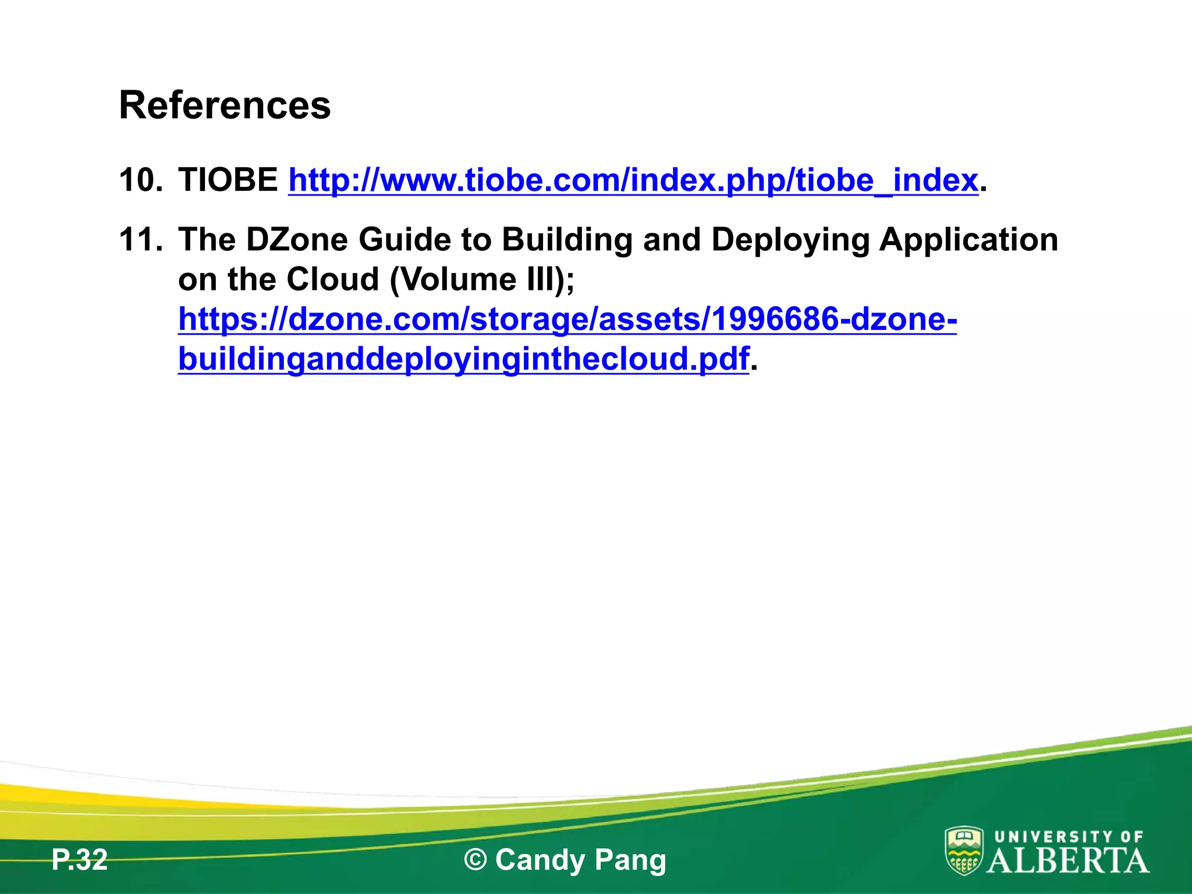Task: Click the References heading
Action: pos(225,105)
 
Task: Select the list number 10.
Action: pos(140,180)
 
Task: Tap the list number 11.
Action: pos(140,240)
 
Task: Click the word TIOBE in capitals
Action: pos(228,180)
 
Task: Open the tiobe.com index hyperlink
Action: pos(633,180)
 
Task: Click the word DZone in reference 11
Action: pos(297,240)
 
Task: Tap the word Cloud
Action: pos(333,279)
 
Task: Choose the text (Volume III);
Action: pos(481,280)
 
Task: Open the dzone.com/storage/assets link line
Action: pos(567,320)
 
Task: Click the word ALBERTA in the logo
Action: pos(1067,861)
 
